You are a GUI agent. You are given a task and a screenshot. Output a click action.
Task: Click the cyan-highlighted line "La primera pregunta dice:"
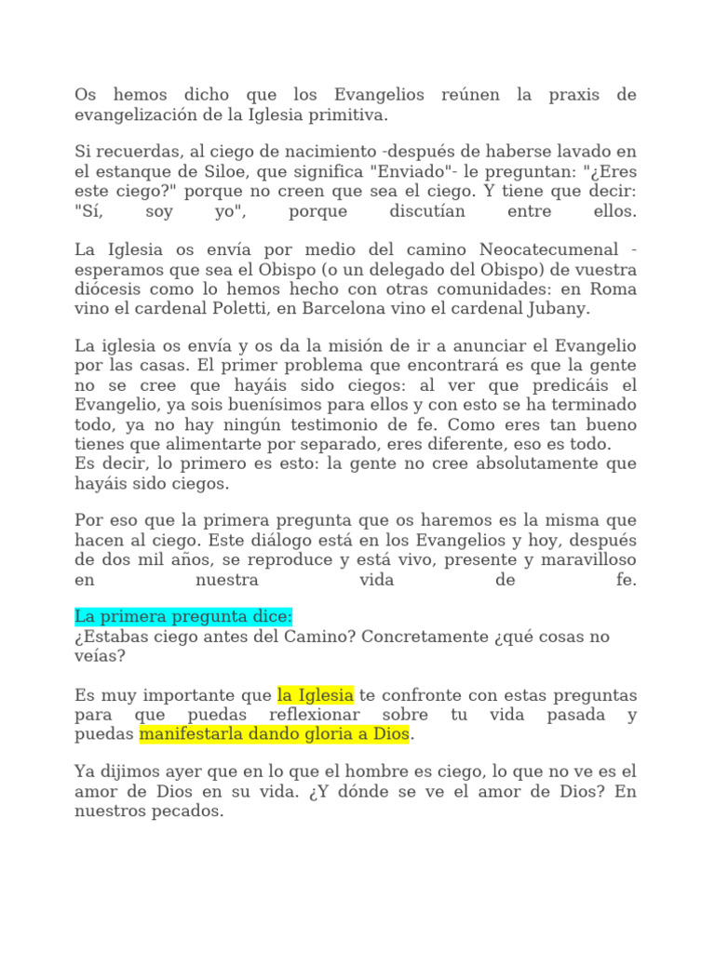point(183,617)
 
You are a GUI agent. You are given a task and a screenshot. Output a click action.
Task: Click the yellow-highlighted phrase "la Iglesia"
point(316,695)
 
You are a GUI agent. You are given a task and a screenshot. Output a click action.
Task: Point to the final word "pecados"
point(193,812)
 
